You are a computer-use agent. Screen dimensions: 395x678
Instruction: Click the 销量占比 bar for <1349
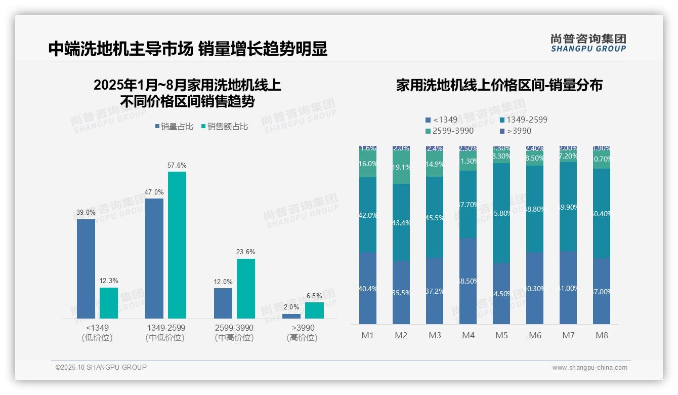(x=86, y=268)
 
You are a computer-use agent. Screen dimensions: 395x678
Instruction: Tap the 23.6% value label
(x=245, y=252)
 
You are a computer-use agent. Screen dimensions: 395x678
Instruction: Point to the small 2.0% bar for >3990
(x=291, y=316)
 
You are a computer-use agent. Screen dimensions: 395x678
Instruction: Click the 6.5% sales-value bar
(x=314, y=310)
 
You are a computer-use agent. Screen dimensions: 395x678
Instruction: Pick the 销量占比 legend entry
(x=174, y=127)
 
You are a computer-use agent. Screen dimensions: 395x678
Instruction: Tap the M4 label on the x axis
(x=468, y=335)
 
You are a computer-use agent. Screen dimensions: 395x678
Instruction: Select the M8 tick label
(x=602, y=335)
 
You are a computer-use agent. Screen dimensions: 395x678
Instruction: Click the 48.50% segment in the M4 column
(x=468, y=281)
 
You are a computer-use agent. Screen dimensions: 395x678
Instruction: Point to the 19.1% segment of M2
(x=401, y=167)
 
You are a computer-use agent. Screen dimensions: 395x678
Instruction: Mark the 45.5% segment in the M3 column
(x=435, y=218)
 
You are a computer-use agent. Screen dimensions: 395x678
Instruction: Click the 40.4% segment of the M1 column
(x=368, y=289)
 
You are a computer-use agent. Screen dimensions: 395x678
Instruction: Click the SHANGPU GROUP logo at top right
(x=588, y=43)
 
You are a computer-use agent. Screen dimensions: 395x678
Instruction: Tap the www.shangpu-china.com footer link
(x=589, y=368)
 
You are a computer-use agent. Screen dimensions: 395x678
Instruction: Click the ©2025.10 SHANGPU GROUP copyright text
(x=101, y=367)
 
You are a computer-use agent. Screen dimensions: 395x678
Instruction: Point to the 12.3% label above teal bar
(x=109, y=281)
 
